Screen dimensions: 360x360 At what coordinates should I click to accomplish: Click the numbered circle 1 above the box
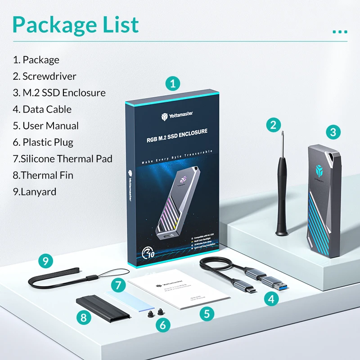coord(172,83)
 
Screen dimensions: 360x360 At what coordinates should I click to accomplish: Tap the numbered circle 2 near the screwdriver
coord(273,125)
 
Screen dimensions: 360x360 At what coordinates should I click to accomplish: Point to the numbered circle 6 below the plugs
coord(163,324)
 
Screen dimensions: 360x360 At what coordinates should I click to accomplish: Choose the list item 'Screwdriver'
coord(45,76)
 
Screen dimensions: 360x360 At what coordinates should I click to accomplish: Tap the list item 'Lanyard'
coord(35,191)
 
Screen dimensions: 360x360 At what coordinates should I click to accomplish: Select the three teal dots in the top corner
coord(340,32)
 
